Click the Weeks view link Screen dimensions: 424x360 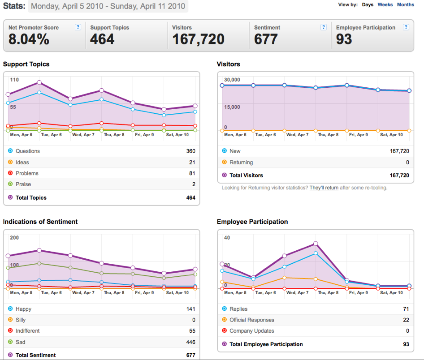tap(385, 4)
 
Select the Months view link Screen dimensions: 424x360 tap(405, 4)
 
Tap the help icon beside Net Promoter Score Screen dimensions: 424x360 tap(78, 27)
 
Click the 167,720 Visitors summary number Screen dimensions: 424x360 tap(199, 39)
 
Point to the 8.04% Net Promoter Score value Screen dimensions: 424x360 tap(29, 39)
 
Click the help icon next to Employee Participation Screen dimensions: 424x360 tap(406, 27)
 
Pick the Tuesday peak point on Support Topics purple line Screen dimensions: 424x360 tap(39, 82)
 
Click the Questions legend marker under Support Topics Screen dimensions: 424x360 tap(10, 151)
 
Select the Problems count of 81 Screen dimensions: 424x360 tap(192, 173)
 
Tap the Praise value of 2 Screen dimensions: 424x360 tap(194, 184)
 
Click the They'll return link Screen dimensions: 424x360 tap(324, 188)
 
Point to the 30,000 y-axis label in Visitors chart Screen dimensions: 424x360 tap(232, 80)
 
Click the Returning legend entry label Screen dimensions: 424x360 tap(241, 162)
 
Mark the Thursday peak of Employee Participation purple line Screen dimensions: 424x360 tap(316, 244)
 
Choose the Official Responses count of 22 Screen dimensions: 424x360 tap(406, 320)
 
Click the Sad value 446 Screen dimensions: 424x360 tap(190, 342)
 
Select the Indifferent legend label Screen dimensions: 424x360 tap(28, 331)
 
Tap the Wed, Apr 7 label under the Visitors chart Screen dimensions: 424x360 tap(298, 134)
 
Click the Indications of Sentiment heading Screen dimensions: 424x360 tap(40, 222)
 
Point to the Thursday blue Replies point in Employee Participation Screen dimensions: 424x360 tap(316, 253)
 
